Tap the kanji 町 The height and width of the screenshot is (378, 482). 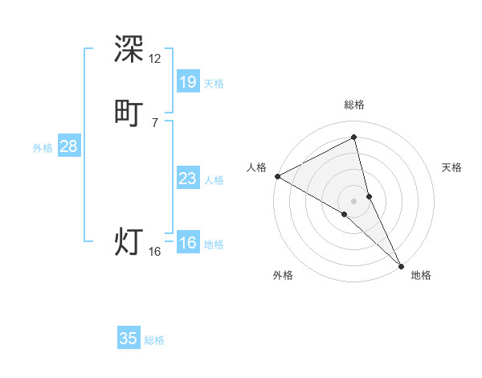[x=129, y=112]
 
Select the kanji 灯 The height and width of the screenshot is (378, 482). [x=129, y=241]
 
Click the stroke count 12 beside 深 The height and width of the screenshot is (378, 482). [x=155, y=59]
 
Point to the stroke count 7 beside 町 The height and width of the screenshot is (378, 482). [x=155, y=122]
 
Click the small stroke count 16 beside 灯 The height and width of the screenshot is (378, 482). [x=155, y=252]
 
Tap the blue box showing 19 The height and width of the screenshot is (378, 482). [x=187, y=81]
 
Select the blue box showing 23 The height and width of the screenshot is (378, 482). [x=187, y=179]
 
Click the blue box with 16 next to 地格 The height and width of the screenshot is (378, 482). [x=187, y=243]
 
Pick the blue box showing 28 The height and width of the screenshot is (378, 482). [x=68, y=146]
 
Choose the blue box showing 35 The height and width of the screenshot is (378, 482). [x=129, y=339]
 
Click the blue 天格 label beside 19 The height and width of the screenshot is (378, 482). [x=214, y=83]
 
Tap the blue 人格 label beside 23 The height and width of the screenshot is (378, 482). [x=214, y=180]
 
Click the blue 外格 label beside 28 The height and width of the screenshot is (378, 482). [x=43, y=148]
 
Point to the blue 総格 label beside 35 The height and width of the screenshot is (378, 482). [x=154, y=340]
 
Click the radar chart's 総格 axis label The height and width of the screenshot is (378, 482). [x=354, y=105]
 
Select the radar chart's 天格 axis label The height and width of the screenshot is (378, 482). [x=451, y=167]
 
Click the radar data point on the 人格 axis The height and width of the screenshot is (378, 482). [x=276, y=175]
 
